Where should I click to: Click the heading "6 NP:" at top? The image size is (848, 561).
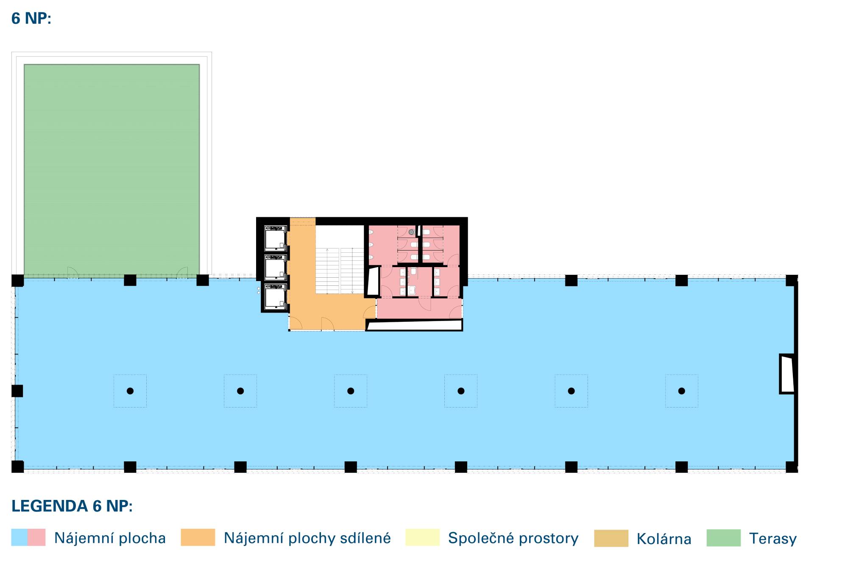[x=31, y=19]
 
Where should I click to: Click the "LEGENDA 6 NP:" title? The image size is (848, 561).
[x=72, y=506]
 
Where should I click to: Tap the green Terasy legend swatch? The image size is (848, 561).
[x=723, y=538]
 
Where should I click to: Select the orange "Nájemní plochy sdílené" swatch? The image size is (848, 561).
[x=198, y=537]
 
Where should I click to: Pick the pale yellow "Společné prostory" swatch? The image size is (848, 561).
[x=422, y=537]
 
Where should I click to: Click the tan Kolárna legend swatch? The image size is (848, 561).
[x=611, y=538]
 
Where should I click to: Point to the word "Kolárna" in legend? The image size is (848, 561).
[x=664, y=539]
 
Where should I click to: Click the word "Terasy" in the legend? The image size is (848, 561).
[x=773, y=539]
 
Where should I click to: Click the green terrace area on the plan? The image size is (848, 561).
[x=112, y=170]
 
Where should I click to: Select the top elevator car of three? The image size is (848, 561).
[x=275, y=239]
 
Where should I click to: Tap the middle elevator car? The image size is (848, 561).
[x=275, y=268]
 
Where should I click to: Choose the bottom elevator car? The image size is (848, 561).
[x=275, y=296]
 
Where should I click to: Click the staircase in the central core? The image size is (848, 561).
[x=340, y=270]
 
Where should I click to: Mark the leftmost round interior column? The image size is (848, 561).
[x=130, y=391]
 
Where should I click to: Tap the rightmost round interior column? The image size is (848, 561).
[x=681, y=391]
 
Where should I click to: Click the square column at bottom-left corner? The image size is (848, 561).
[x=17, y=466]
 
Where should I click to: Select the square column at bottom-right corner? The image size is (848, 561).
[x=791, y=466]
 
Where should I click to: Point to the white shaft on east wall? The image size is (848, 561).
[x=787, y=374]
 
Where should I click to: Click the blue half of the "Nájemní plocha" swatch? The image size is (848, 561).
[x=19, y=537]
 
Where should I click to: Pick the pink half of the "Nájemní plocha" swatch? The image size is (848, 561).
[x=37, y=537]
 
